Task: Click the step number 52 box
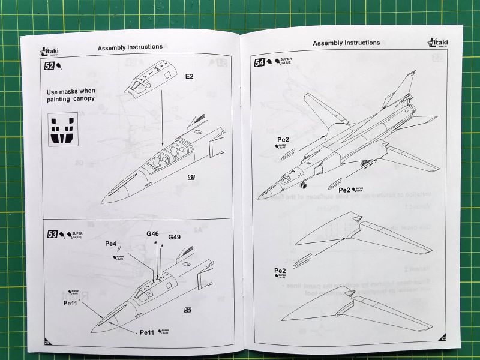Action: [x=49, y=65]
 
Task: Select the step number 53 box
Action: [x=52, y=235]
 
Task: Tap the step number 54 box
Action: [x=260, y=62]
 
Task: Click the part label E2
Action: [x=189, y=76]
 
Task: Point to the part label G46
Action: [x=152, y=234]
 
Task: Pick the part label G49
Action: [x=175, y=237]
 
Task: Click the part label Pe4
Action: [x=111, y=244]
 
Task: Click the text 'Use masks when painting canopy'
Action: [x=71, y=95]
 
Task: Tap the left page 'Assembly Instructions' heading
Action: [x=130, y=47]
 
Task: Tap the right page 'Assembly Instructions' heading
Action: [x=346, y=43]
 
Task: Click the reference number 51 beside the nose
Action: [x=191, y=178]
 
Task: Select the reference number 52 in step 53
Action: [x=188, y=310]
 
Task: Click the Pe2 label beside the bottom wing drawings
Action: [x=280, y=271]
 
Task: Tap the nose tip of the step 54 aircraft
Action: [x=259, y=197]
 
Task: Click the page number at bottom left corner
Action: [x=46, y=343]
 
